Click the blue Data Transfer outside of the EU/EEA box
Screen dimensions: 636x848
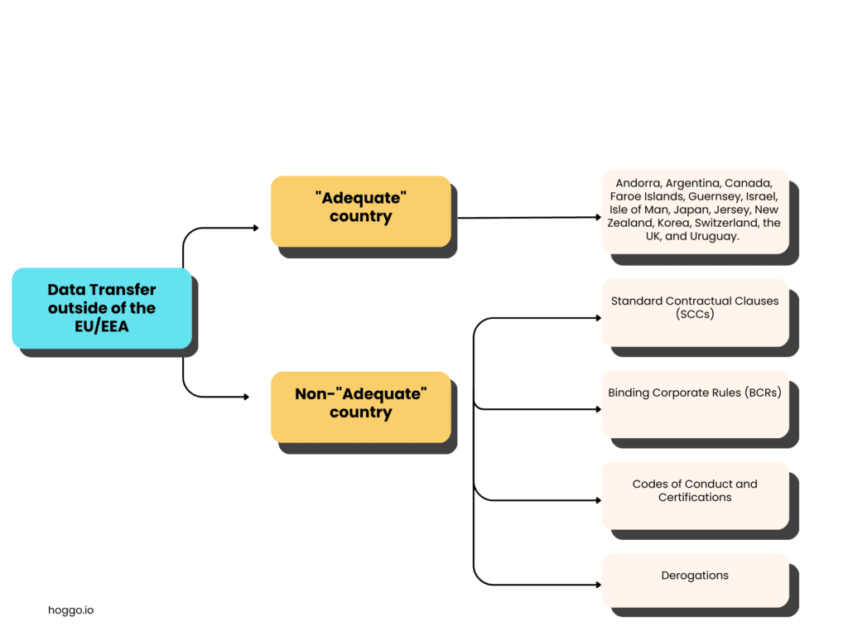(x=101, y=307)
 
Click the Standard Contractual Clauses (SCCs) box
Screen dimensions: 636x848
(x=694, y=312)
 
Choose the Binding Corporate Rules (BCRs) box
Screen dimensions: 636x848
(x=694, y=403)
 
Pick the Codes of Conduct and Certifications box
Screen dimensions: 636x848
(x=694, y=495)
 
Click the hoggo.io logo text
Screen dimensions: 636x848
(x=70, y=610)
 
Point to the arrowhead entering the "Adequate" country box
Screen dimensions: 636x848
(x=256, y=228)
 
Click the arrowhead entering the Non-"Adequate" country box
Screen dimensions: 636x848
(x=246, y=397)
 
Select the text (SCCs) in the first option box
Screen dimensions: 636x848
(x=695, y=315)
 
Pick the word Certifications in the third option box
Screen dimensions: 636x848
(x=695, y=498)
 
